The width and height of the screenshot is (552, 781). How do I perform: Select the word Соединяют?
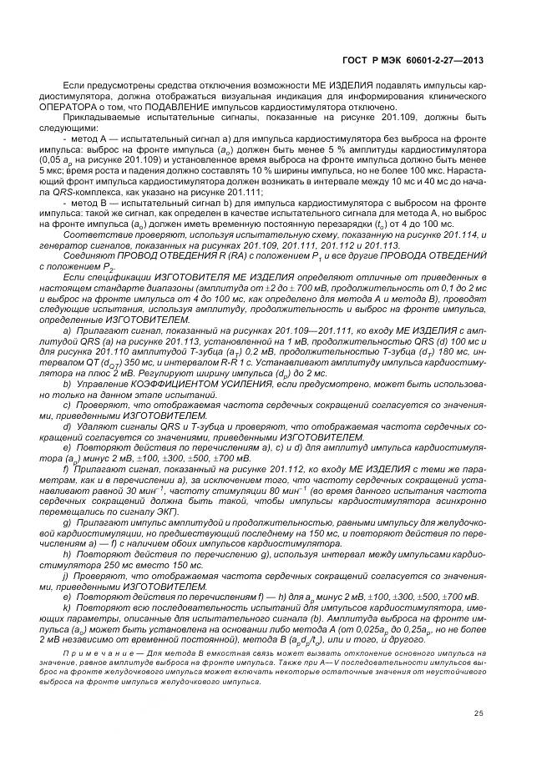point(89,255)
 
